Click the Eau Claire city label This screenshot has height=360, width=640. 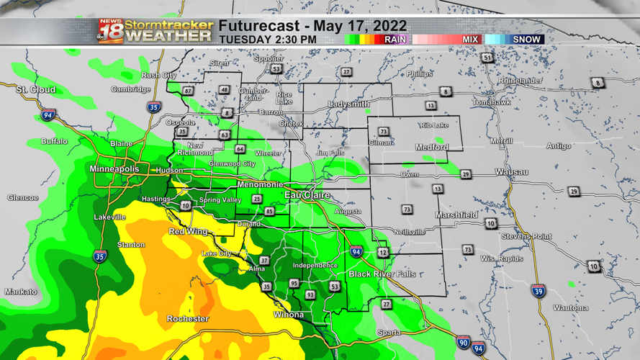pos(307,195)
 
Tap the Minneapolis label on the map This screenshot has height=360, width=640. pos(114,169)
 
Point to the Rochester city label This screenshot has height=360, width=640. pos(188,318)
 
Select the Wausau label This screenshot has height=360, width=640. pos(512,172)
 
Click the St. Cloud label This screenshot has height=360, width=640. pos(36,89)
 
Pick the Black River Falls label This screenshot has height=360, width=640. pos(382,274)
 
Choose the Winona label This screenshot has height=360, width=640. pos(289,315)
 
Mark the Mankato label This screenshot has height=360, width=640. pos(20,292)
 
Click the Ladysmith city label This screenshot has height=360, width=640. pos(348,104)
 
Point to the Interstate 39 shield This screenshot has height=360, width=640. pos(538,290)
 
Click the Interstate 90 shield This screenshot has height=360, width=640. pos(464,342)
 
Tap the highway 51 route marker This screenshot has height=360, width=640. pos(488,58)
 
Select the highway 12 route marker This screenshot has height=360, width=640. pos(383,253)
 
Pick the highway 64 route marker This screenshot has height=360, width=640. pos(240,149)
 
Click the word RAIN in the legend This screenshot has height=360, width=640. pos(395,40)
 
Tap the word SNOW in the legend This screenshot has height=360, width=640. pos(526,40)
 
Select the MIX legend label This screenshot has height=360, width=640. pos(470,40)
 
